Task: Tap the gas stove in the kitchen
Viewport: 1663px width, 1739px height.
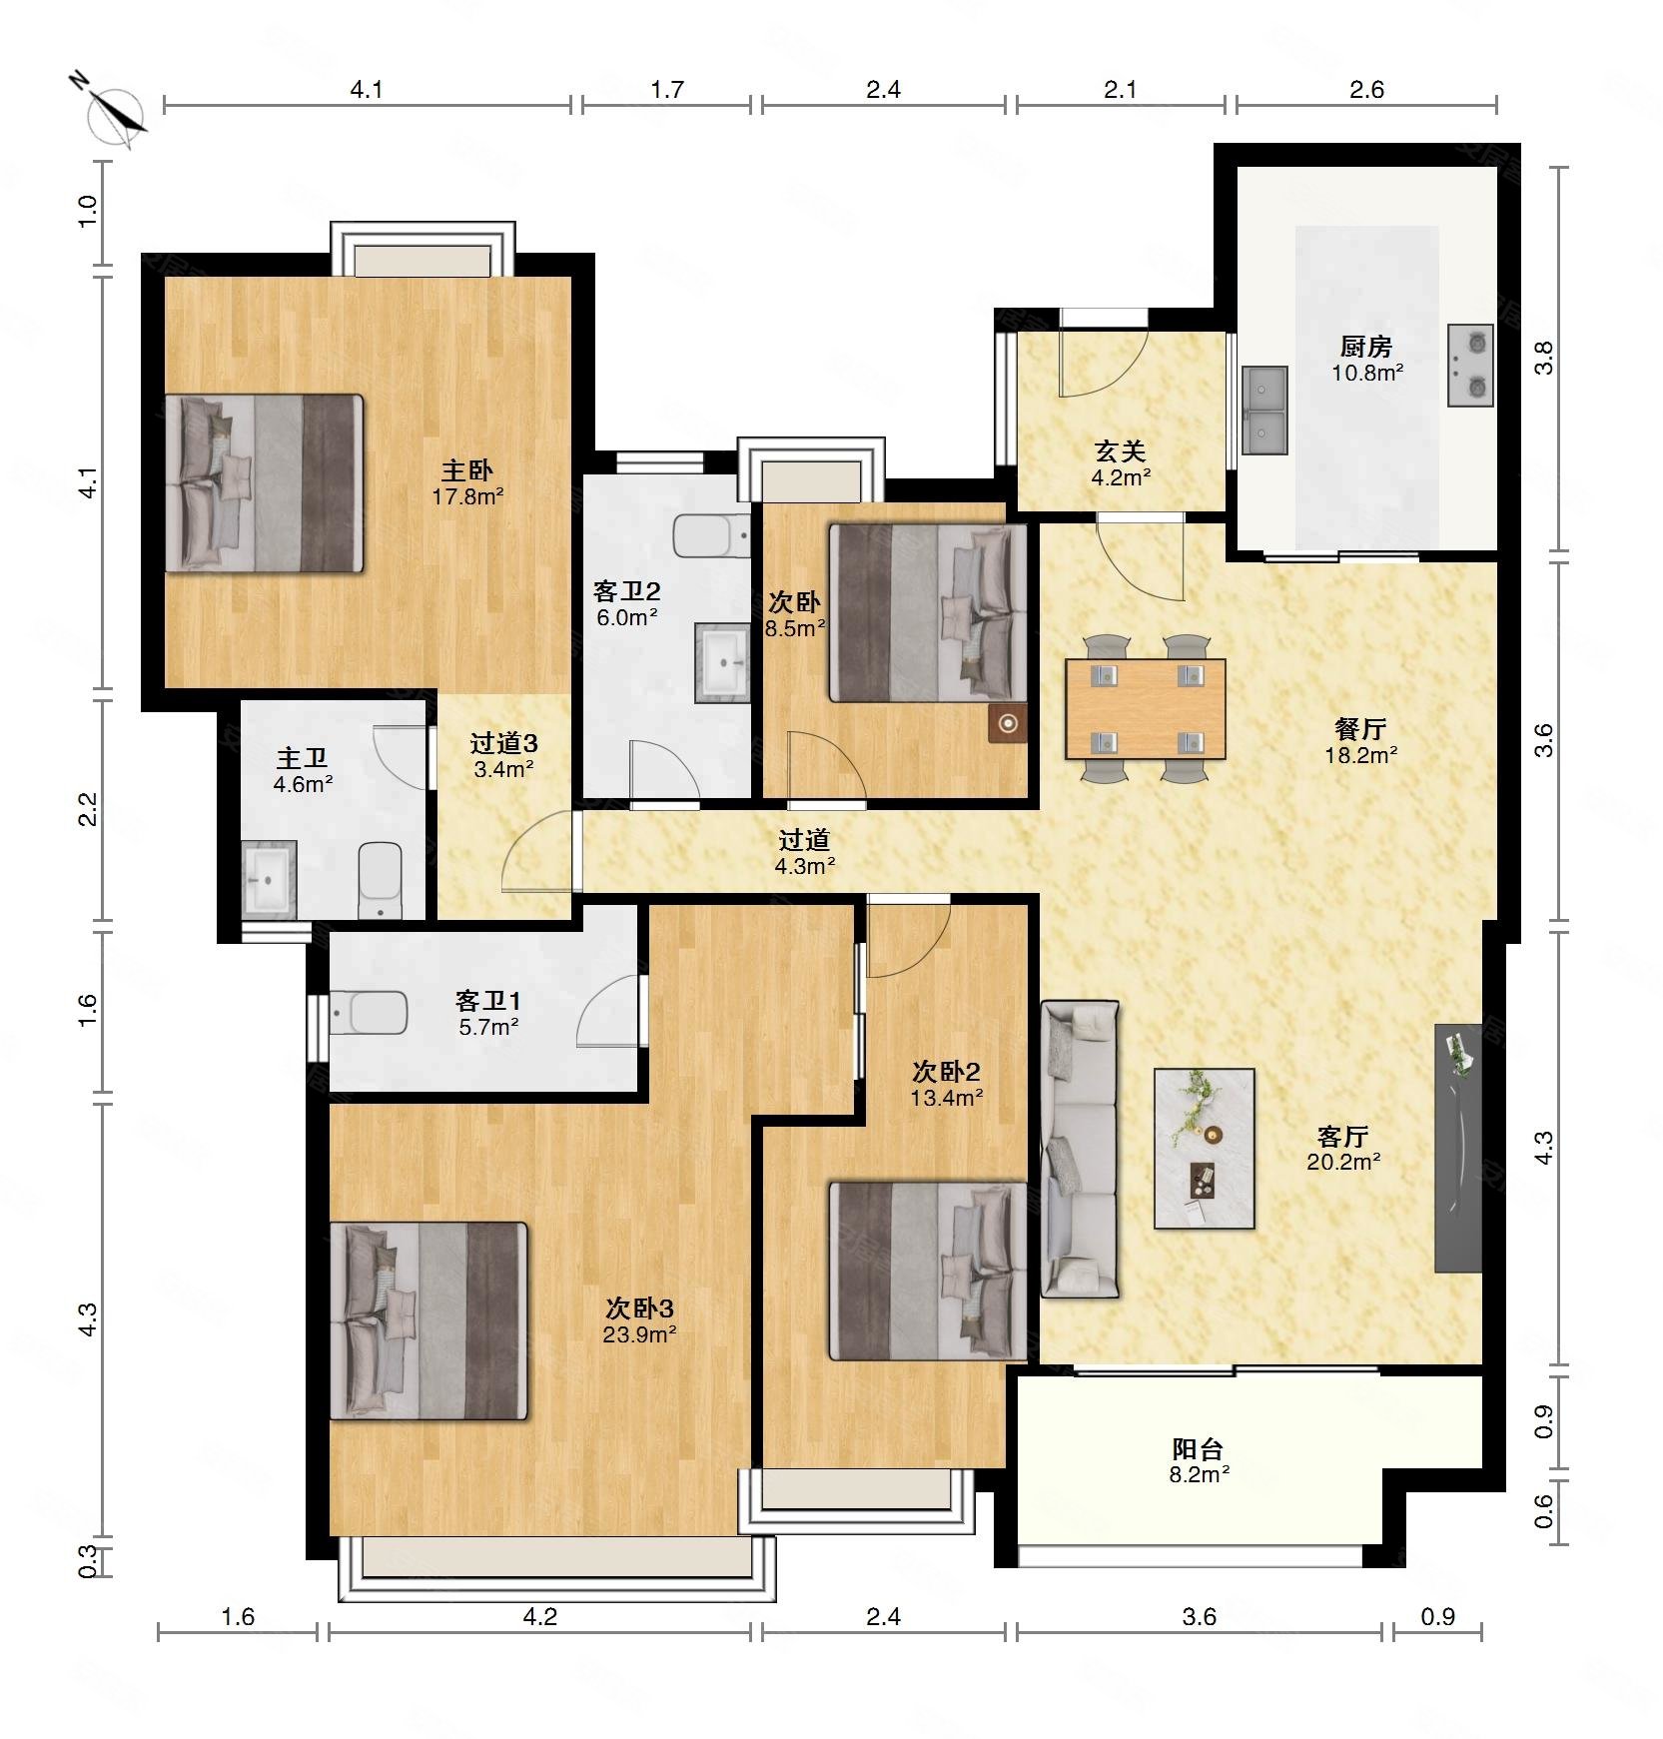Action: (1470, 365)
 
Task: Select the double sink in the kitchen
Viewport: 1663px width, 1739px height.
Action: (1265, 411)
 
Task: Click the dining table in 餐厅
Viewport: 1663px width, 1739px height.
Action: (1146, 708)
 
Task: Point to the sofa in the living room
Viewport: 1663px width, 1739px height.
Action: (1080, 1149)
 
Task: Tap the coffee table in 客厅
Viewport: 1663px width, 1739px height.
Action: (1205, 1148)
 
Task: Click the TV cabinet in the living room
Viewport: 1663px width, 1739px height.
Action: (1458, 1148)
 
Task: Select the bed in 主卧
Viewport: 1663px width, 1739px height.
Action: (264, 483)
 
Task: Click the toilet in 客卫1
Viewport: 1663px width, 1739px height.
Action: (369, 1014)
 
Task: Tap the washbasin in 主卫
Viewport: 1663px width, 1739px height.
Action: (269, 879)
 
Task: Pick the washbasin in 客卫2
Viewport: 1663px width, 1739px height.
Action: (722, 662)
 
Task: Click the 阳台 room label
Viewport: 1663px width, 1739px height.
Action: (1198, 1448)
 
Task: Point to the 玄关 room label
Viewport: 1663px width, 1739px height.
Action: (1120, 451)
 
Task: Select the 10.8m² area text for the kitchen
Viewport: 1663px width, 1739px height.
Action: (1367, 374)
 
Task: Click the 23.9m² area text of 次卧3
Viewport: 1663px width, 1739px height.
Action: (640, 1334)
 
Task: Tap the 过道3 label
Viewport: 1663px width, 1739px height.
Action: (503, 743)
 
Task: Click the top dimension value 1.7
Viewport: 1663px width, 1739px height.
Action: (667, 90)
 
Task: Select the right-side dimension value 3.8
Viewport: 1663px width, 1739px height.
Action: (1544, 358)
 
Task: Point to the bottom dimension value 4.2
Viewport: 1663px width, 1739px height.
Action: (540, 1616)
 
